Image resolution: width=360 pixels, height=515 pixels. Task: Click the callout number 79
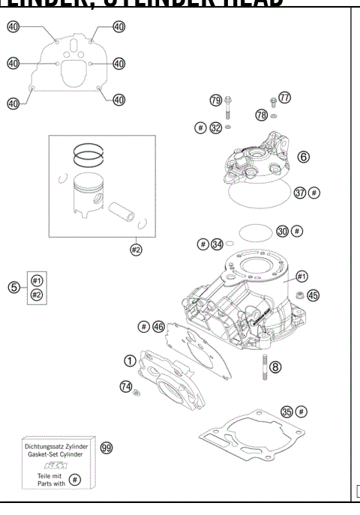pos(216,100)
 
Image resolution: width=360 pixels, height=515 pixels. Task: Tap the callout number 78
pos(261,115)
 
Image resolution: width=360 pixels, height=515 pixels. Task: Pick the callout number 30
pos(283,231)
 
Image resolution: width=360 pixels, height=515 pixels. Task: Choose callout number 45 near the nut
pos(313,295)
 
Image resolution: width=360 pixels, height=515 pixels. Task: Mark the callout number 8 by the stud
pos(276,367)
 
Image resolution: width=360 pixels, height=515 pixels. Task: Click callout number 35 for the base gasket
pos(286,412)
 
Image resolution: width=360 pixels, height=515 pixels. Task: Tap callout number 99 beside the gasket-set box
pos(106,448)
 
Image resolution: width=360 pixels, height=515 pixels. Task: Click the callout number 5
pos(13,287)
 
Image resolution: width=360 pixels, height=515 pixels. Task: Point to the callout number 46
pos(158,326)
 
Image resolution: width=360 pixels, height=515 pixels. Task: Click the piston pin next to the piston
pos(122,211)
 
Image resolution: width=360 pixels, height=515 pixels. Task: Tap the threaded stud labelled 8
pos(264,369)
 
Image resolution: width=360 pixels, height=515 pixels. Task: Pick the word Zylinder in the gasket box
pos(73,448)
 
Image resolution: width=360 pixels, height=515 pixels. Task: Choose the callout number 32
pos(216,128)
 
